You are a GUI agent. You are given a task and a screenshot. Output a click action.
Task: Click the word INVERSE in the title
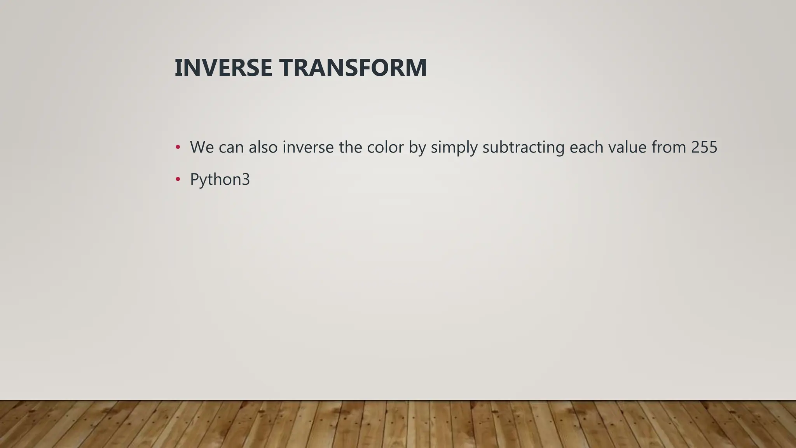(223, 68)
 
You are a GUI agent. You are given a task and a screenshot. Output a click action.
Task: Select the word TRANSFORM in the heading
(353, 68)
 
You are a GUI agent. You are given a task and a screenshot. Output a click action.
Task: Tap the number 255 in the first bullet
(704, 147)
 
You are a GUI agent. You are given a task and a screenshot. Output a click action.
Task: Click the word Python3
(220, 179)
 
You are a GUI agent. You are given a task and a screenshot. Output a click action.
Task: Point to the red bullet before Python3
(178, 179)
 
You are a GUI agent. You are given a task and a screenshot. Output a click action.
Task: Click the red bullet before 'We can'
(178, 147)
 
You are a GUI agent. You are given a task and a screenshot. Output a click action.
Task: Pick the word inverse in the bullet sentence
(308, 147)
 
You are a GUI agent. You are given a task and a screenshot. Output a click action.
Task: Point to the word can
(231, 147)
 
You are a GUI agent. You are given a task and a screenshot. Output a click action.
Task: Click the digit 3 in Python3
(246, 179)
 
